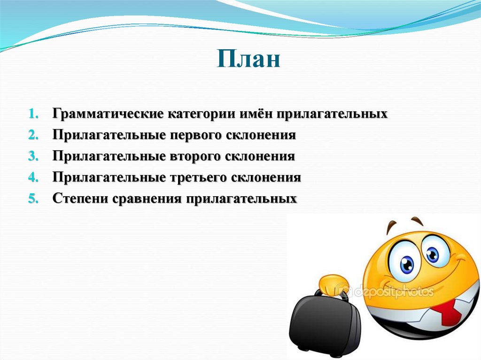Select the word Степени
80,199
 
